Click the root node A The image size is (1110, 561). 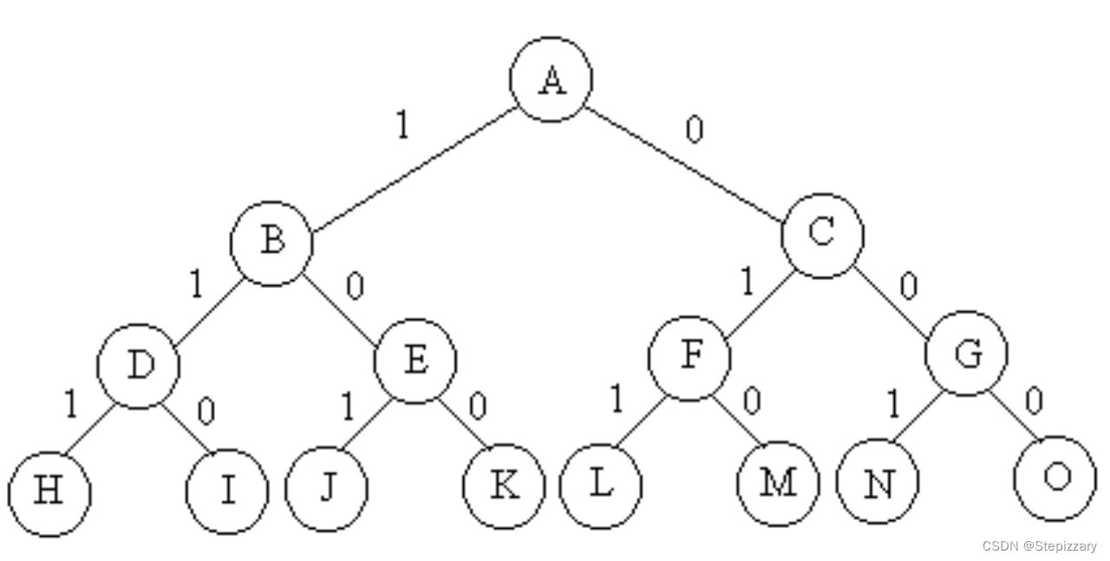pos(551,79)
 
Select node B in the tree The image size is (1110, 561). pos(271,243)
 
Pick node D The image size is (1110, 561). pos(139,366)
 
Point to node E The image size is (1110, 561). pos(415,360)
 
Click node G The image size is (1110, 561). pos(966,353)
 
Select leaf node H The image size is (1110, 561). pos(49,493)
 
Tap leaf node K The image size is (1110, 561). pos(504,486)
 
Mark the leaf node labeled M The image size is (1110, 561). pos(778,483)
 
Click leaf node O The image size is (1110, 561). pos(1054,478)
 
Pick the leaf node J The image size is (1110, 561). pos(326,488)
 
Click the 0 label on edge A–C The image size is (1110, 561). pos(694,129)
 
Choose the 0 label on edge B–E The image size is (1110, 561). pos(354,286)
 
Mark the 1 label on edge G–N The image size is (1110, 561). pos(893,404)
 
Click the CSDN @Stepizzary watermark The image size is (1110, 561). pos(1039,546)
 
